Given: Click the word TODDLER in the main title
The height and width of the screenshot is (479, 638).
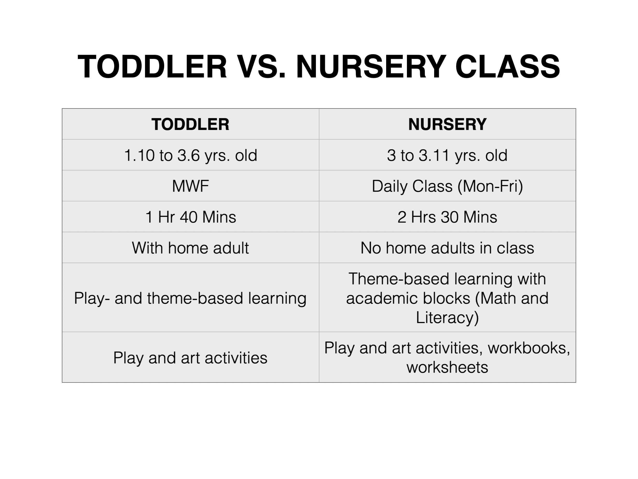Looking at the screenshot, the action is click(152, 67).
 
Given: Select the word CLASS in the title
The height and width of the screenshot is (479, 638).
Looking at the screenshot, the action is click(508, 67).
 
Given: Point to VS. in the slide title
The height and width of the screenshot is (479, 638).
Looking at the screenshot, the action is click(262, 67).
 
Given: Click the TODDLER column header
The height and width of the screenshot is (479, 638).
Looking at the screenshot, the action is click(190, 124).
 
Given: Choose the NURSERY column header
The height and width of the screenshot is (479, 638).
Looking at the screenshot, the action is click(447, 124).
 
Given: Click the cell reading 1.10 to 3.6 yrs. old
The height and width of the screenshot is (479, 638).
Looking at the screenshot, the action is click(190, 155).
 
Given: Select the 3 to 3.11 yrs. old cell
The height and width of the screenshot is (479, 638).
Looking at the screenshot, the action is click(447, 155).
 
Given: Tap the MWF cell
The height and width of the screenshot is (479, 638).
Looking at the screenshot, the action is click(190, 186).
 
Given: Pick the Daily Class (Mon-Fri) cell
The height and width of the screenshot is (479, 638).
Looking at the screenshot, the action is click(447, 186).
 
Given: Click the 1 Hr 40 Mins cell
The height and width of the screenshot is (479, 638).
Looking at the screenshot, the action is click(191, 217).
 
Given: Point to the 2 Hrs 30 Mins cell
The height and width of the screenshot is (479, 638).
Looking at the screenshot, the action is click(447, 217).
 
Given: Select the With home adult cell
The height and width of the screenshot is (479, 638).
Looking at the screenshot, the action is click(190, 248).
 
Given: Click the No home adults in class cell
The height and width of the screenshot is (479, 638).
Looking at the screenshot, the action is click(447, 248).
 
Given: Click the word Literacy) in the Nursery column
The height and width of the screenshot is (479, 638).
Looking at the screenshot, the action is click(447, 318).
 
